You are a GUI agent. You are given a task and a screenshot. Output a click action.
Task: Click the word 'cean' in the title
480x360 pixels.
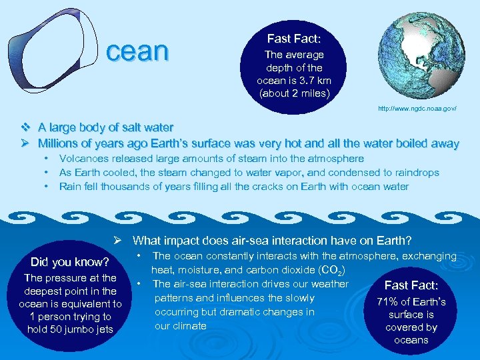[x=138, y=51]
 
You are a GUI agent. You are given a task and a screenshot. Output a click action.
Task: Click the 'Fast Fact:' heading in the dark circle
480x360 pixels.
[x=294, y=39]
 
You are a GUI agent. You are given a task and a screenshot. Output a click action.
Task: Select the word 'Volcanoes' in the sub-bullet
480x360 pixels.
[x=83, y=159]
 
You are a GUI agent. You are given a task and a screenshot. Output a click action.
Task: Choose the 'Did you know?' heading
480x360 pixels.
[x=70, y=261]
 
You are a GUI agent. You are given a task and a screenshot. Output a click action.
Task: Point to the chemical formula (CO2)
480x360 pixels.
[x=332, y=270]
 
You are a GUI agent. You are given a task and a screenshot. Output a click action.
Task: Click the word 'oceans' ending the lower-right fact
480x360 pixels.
[x=411, y=340]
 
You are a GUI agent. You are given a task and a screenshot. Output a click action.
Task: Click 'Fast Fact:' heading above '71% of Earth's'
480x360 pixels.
[x=411, y=285]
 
